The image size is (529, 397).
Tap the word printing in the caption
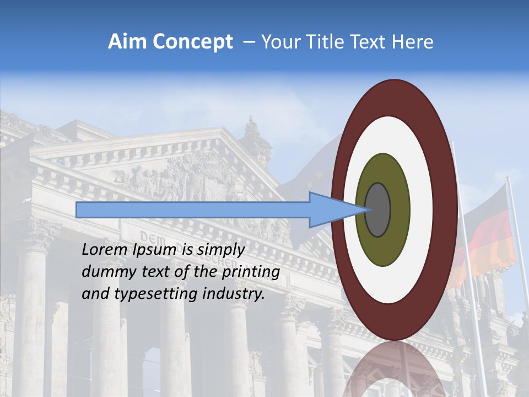(253, 272)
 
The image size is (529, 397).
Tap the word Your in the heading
(279, 42)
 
